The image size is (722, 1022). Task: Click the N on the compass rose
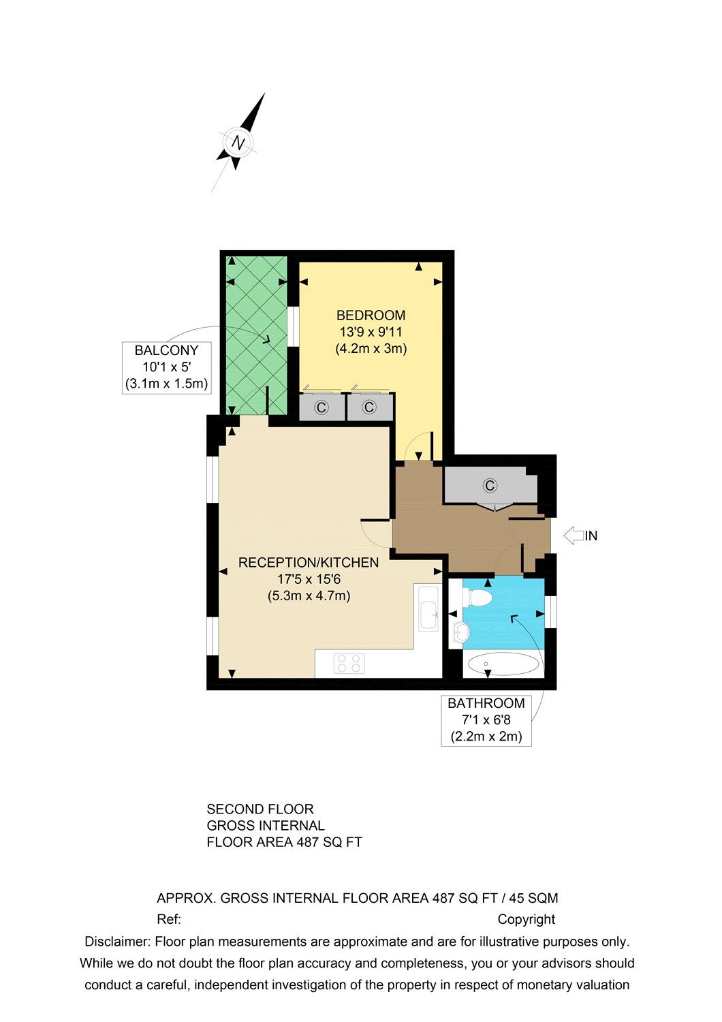238,143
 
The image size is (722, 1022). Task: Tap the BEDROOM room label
371,315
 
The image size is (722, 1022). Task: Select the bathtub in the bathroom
503,664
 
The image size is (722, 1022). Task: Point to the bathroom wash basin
461,632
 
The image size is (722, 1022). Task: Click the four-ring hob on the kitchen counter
349,664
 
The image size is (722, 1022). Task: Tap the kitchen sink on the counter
428,608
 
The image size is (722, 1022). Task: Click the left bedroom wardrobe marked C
321,407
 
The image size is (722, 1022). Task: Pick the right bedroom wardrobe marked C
368,407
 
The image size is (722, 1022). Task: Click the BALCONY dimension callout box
166,367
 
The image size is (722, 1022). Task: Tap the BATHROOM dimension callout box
486,719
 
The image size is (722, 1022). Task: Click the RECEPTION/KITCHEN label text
308,563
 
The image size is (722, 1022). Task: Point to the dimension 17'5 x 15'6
308,580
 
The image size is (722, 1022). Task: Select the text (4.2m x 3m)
371,349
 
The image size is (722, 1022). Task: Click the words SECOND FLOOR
260,809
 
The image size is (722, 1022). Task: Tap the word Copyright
526,920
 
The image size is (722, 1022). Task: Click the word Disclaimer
116,942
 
